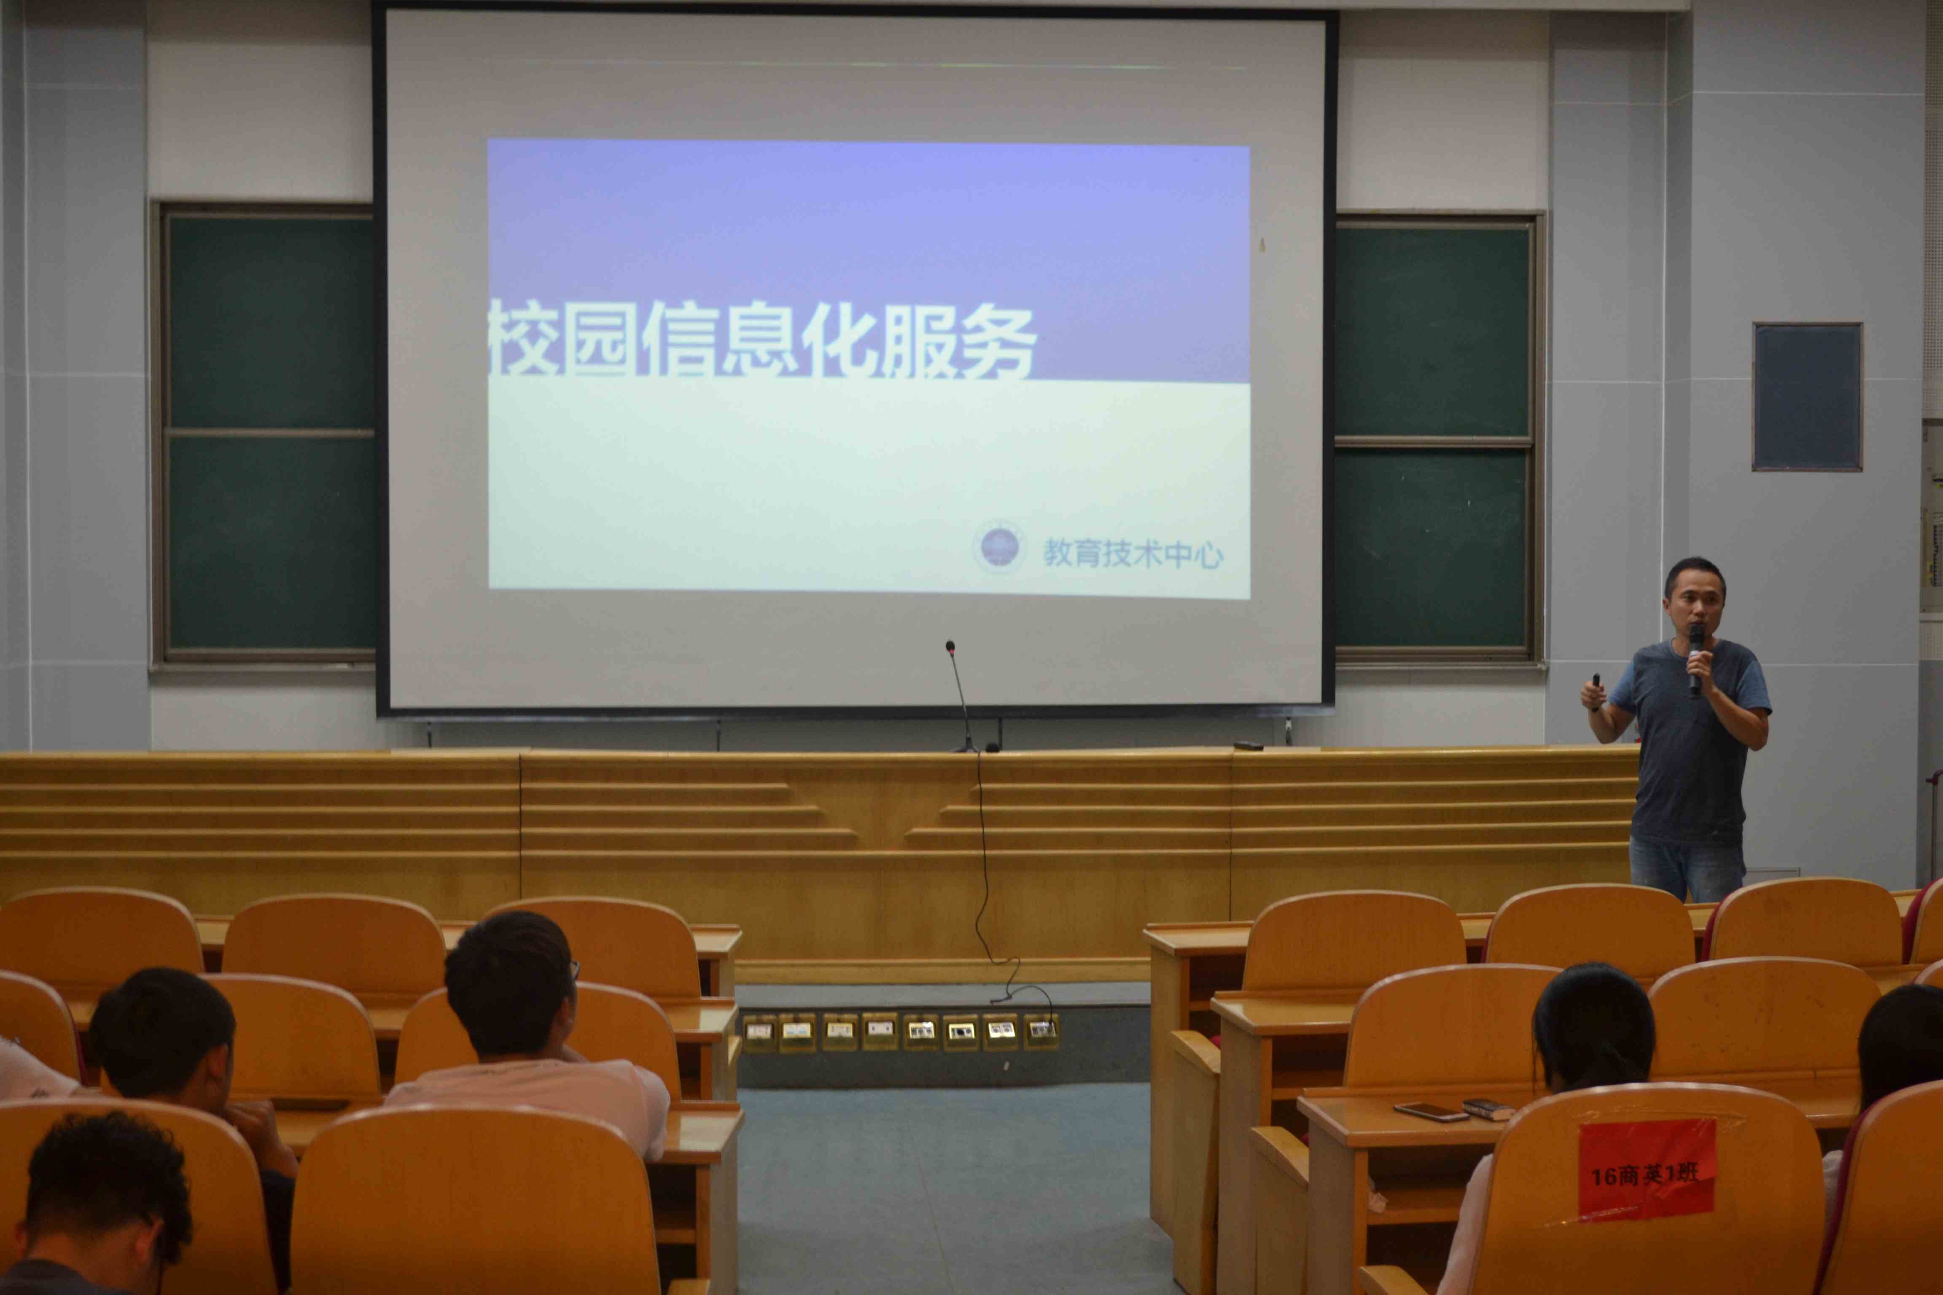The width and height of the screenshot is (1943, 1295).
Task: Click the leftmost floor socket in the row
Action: (x=759, y=1032)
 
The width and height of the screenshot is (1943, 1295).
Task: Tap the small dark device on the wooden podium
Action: (x=1248, y=747)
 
